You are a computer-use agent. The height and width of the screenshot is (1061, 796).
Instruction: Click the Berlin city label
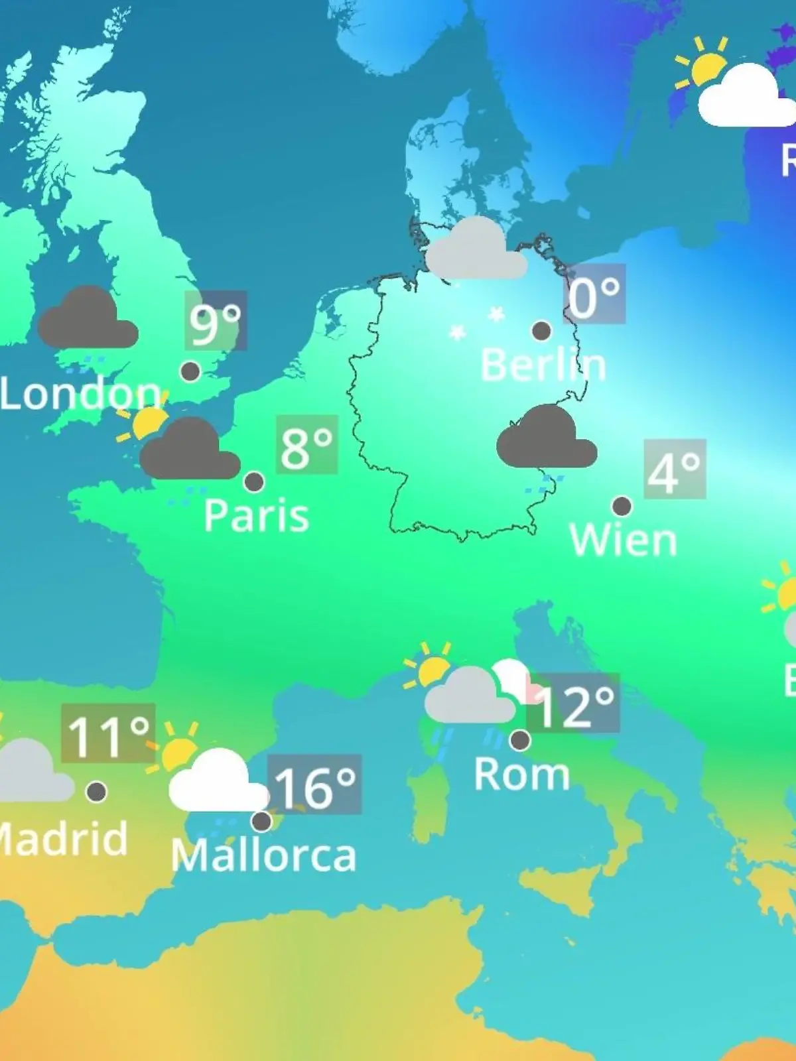tap(543, 365)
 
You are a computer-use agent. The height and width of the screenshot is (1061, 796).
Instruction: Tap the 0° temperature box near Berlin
tap(594, 294)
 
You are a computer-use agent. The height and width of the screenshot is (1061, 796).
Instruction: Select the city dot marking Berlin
tap(541, 330)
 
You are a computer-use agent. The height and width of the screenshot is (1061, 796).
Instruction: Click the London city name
tap(80, 393)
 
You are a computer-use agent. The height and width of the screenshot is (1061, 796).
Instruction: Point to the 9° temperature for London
tap(216, 321)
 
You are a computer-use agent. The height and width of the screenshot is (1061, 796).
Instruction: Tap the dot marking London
tap(190, 371)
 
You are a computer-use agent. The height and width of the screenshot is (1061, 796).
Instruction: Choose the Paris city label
tap(256, 515)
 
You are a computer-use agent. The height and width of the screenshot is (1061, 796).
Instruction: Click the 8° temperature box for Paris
tap(306, 445)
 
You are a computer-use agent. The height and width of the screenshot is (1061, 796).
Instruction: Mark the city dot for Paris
tap(254, 482)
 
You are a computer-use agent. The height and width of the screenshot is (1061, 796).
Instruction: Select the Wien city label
tap(623, 540)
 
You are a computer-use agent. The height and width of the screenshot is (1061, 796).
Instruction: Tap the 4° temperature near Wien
tap(674, 469)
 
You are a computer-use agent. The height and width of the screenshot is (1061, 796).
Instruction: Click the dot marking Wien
tap(622, 507)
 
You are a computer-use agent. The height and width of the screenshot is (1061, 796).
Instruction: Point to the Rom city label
tap(521, 774)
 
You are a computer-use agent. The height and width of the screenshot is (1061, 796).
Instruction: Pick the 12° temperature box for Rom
tap(574, 704)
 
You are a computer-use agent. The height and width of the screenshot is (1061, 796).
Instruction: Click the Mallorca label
tap(263, 855)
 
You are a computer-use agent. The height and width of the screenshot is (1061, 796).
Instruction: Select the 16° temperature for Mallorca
tap(314, 784)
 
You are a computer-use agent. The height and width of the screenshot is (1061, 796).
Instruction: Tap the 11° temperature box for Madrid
tap(108, 733)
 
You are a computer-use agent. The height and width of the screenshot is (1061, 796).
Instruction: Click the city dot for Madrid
tap(97, 791)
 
